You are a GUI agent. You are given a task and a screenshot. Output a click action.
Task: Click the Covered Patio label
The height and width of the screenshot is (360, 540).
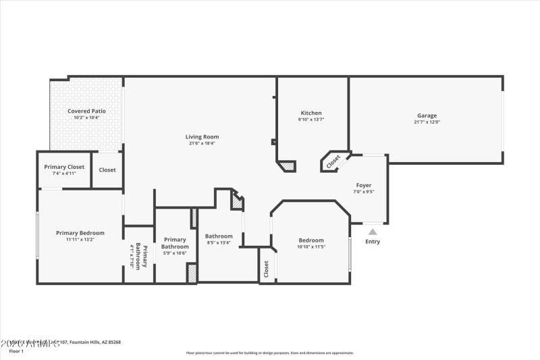[86, 111]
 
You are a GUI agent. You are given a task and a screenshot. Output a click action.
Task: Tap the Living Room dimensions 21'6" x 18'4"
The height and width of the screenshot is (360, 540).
[202, 143]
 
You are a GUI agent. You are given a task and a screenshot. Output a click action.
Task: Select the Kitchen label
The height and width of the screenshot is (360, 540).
[311, 113]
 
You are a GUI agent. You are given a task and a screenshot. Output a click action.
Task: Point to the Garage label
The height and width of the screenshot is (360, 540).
[427, 115]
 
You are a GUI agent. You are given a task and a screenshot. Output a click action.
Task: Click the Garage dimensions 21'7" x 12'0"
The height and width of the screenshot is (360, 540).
[427, 122]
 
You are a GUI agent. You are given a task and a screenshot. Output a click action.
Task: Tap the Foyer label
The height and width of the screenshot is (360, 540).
[364, 185]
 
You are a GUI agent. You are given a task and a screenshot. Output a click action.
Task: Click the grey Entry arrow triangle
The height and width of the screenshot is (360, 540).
[372, 232]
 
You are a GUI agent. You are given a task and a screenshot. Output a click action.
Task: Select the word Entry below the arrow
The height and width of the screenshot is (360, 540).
[372, 242]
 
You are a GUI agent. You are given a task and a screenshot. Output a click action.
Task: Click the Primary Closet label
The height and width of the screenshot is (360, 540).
[64, 167]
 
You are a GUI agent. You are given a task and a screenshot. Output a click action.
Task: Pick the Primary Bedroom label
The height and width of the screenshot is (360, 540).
[80, 233]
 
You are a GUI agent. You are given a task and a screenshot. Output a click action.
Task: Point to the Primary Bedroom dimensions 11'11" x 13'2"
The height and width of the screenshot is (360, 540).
[80, 240]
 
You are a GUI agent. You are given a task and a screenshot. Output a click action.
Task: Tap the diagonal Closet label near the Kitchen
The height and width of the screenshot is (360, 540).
[333, 162]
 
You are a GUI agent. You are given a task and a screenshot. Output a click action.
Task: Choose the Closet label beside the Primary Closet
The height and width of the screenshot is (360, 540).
[107, 170]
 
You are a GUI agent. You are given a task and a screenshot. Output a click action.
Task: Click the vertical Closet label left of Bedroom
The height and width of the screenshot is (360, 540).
[267, 269]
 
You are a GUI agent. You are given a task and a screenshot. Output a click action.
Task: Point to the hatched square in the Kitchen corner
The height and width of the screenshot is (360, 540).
[288, 165]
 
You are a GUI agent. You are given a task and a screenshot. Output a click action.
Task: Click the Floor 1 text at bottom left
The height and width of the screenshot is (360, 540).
[16, 351]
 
